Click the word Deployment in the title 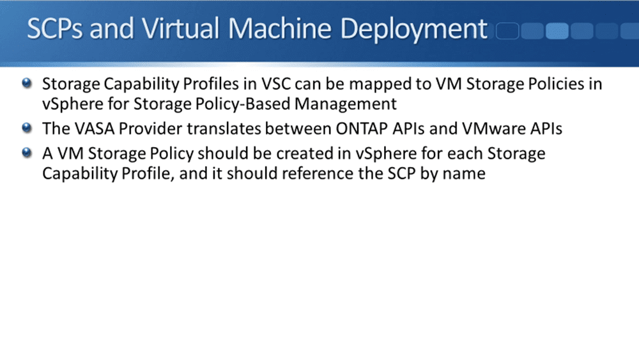tap(413, 29)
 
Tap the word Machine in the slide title tap(279, 29)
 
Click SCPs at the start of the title tap(54, 29)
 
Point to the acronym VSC tap(276, 84)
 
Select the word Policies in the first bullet tap(557, 84)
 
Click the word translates tap(224, 129)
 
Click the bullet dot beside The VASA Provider tap(27, 128)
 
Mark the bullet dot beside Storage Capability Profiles tap(27, 83)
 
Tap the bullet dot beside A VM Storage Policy tap(27, 153)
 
